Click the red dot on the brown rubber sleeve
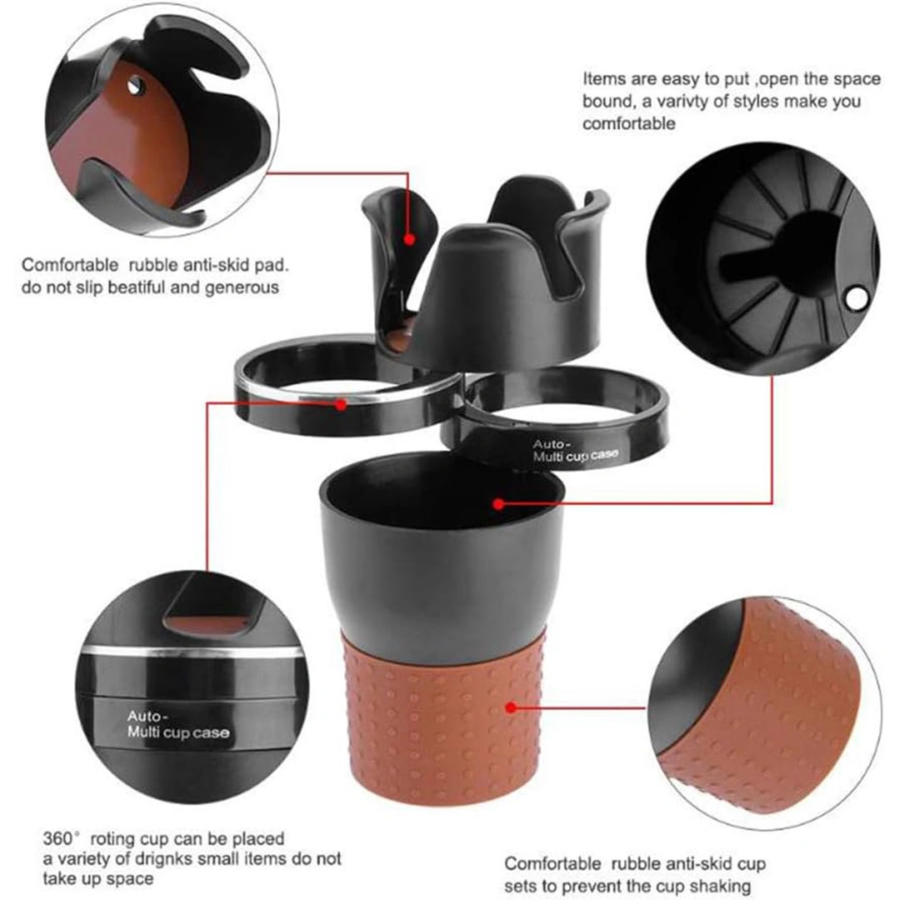[x=512, y=707]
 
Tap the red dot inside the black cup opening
[x=499, y=504]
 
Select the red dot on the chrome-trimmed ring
[x=341, y=405]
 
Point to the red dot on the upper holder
[x=409, y=239]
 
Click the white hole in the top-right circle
[x=857, y=298]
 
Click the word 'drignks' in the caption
[x=160, y=858]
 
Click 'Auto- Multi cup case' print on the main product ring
[x=575, y=451]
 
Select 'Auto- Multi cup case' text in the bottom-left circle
[x=178, y=724]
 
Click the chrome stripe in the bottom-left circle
[x=192, y=652]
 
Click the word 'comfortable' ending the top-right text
[x=628, y=123]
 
